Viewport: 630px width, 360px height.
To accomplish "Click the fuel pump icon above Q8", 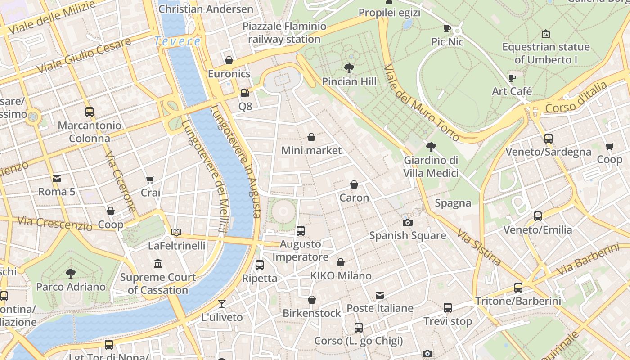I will (x=245, y=93).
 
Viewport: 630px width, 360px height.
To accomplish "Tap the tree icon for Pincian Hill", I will (x=349, y=68).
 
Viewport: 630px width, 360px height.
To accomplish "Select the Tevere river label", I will (x=177, y=41).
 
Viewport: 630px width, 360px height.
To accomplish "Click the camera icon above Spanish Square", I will (x=408, y=222).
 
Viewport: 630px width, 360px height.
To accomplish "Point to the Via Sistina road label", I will (x=479, y=247).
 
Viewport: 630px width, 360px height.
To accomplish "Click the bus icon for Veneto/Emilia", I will (x=537, y=216).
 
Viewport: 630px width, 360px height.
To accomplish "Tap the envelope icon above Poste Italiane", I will (x=380, y=295).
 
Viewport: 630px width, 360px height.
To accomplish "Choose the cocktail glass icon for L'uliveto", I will (x=221, y=303).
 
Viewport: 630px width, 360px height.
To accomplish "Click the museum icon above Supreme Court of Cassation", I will (x=157, y=263).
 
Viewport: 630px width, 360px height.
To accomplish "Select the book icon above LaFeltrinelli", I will (x=176, y=232).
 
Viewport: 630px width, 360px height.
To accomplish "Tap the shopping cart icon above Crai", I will (x=150, y=180).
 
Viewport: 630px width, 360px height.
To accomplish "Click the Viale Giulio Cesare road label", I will (x=84, y=55).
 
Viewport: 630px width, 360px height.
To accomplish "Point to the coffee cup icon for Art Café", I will (x=512, y=78).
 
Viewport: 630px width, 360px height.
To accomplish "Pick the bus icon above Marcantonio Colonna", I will (x=90, y=112).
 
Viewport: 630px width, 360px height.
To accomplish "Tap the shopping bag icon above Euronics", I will (x=229, y=60).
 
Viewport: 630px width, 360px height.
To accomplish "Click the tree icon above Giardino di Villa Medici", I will (x=431, y=147).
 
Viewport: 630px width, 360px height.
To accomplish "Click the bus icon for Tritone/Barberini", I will (x=518, y=288).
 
